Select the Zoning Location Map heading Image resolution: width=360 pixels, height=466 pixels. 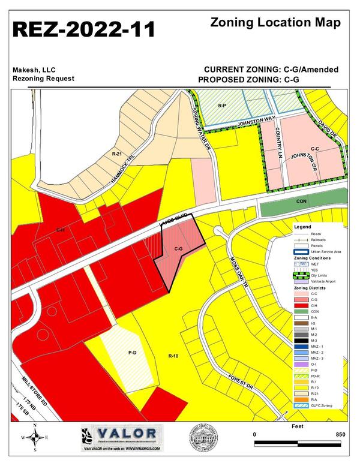[277, 23]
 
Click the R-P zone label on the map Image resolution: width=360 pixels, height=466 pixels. [221, 106]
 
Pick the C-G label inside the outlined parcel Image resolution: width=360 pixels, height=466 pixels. [178, 248]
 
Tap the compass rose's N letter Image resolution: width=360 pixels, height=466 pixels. [35, 426]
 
